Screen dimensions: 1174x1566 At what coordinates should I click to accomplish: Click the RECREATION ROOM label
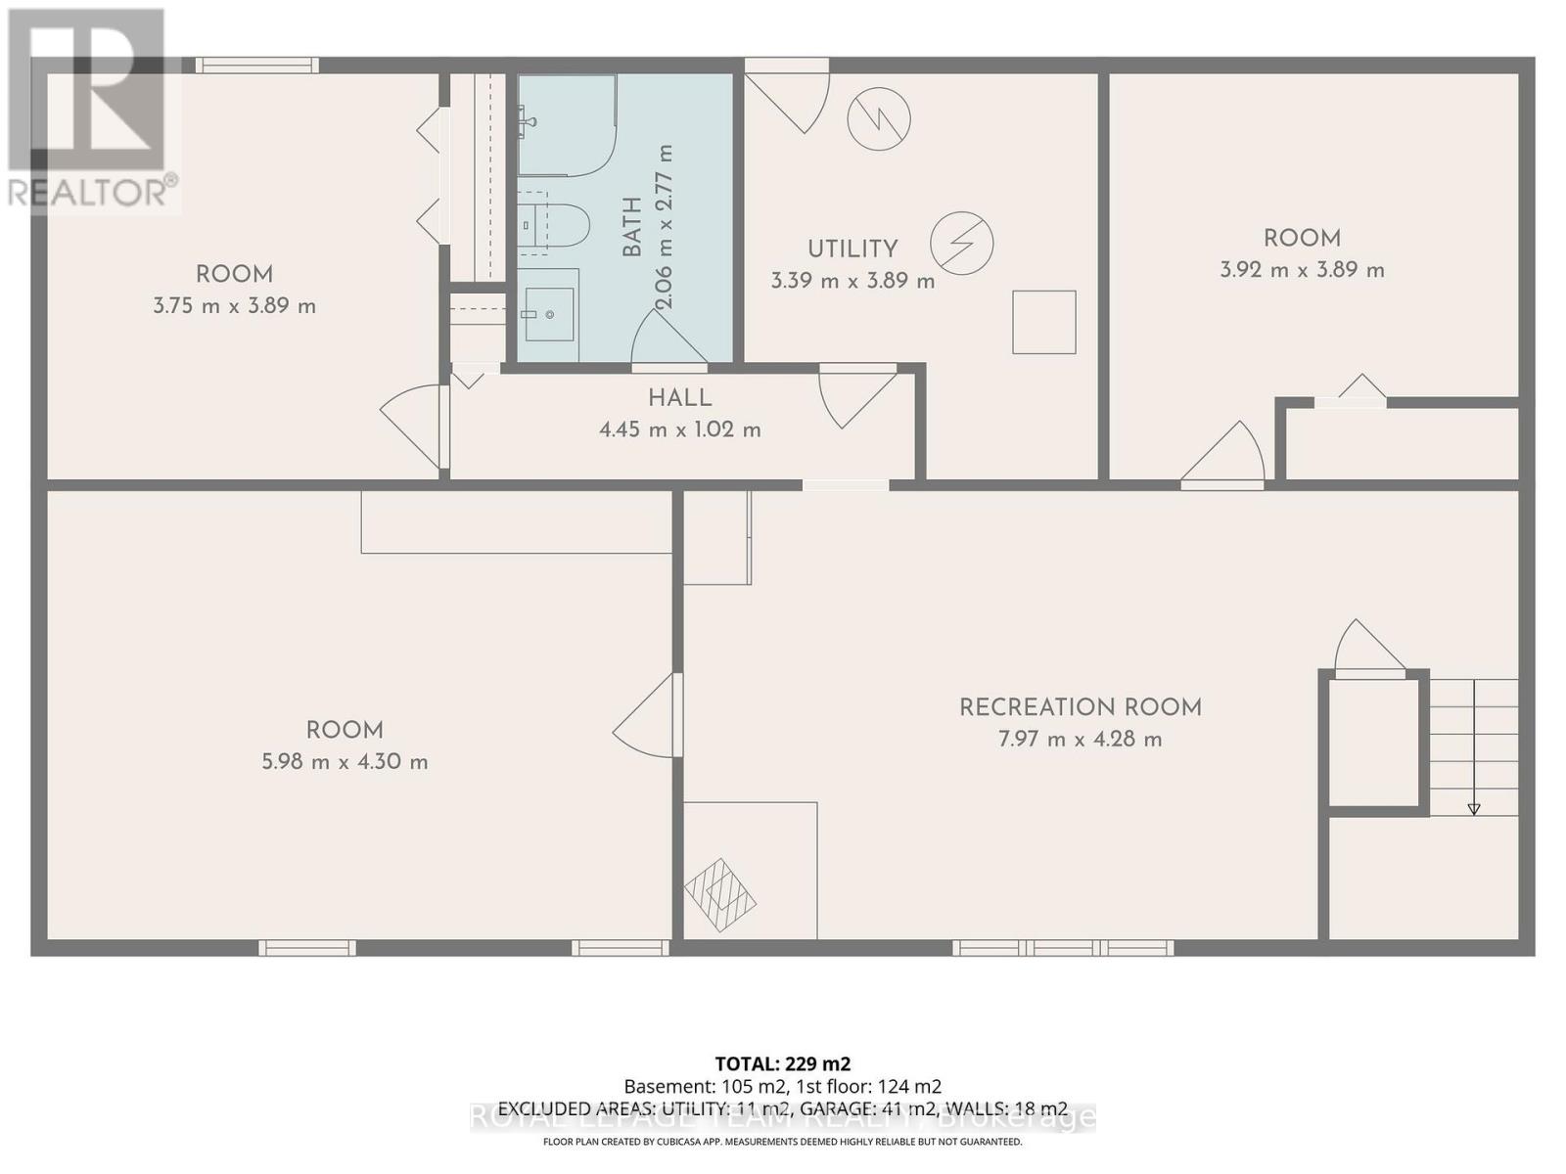coord(1080,707)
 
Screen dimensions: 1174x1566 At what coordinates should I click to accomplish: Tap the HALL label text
coord(679,398)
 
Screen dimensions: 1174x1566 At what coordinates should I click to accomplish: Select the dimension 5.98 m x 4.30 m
coord(345,762)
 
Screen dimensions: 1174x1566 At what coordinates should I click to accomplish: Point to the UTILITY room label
coord(852,249)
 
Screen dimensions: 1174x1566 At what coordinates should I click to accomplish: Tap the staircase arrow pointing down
coord(1473,807)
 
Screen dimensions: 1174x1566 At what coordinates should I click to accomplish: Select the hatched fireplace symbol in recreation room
coord(720,891)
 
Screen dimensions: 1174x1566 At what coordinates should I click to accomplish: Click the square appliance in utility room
coord(1044,322)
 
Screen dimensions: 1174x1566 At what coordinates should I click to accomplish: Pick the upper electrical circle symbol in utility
coord(879,119)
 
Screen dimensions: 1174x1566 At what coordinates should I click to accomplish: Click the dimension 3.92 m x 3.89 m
coord(1302,270)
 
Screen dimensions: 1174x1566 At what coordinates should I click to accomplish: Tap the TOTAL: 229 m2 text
coord(782,1063)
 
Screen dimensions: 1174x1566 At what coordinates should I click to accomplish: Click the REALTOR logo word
coord(90,191)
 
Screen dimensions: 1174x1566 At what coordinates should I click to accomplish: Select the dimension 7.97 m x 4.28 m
coord(1080,740)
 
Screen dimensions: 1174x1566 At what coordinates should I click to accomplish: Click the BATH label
coord(632,227)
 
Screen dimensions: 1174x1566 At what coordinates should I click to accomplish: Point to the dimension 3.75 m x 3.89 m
coord(234,306)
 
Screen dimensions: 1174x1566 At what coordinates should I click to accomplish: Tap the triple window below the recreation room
coord(1063,947)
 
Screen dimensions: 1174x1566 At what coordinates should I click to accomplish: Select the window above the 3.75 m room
coord(256,66)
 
